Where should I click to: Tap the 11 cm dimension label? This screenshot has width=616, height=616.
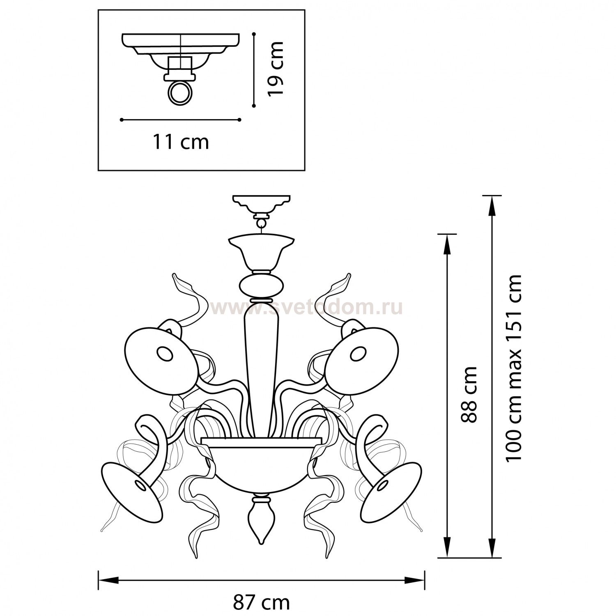point(181,142)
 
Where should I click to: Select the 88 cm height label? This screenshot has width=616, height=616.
point(469,395)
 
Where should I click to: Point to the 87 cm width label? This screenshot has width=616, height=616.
point(262,603)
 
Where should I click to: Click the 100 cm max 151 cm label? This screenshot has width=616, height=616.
point(514,368)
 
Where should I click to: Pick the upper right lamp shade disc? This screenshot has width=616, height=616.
point(365,355)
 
